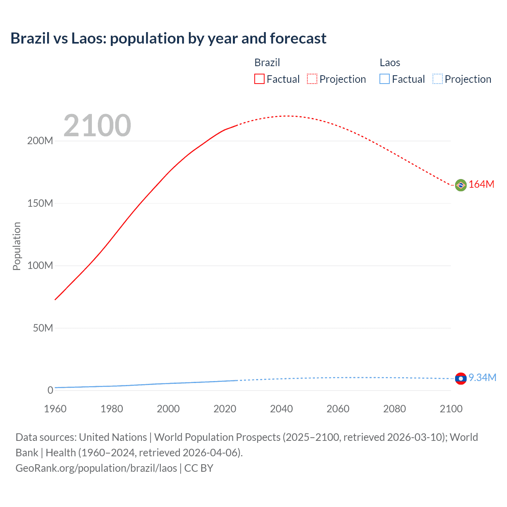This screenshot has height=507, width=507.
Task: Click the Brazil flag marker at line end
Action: point(461,185)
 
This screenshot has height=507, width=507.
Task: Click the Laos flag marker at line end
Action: point(461,379)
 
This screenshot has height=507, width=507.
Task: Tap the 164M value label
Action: point(481,185)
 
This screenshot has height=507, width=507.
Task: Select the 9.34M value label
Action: point(482,378)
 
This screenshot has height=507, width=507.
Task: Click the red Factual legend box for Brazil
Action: point(259,79)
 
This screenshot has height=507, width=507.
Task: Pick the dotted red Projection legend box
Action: point(312,79)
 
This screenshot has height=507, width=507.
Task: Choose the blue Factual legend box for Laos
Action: point(385,79)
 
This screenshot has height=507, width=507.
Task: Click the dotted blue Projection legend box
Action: point(438,79)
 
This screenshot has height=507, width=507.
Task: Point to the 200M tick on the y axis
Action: point(40,141)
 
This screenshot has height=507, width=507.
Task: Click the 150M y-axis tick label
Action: point(40,204)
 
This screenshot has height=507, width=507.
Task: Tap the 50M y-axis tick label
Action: point(43,328)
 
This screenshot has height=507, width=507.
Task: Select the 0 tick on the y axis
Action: point(50,391)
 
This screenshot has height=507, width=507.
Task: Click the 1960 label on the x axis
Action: point(55,409)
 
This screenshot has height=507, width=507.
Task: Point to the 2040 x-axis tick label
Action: point(281,409)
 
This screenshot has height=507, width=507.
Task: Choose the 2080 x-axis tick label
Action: point(395,409)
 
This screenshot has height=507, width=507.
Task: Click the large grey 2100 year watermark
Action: point(97,126)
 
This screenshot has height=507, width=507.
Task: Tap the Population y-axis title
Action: point(17,246)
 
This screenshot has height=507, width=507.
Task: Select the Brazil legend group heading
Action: point(267,63)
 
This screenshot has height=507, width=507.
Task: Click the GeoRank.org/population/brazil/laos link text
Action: point(96,468)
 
